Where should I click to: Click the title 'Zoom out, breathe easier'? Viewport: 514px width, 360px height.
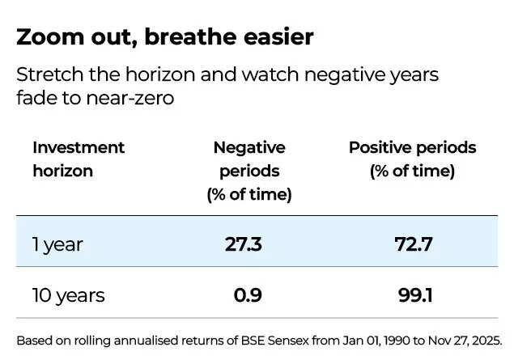coord(164,37)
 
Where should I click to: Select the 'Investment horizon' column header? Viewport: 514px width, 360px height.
coord(79,159)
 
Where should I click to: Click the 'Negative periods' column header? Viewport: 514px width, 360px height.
coord(249,159)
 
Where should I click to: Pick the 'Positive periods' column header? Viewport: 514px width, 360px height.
coord(412,148)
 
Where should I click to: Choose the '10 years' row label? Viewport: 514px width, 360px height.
coord(69,295)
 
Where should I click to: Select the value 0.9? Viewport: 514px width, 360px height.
coord(247,295)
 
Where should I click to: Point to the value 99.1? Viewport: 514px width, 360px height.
coord(414,295)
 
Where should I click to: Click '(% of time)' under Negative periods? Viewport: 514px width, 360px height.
coord(249,195)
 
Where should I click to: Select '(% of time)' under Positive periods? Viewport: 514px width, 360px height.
coord(412,172)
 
